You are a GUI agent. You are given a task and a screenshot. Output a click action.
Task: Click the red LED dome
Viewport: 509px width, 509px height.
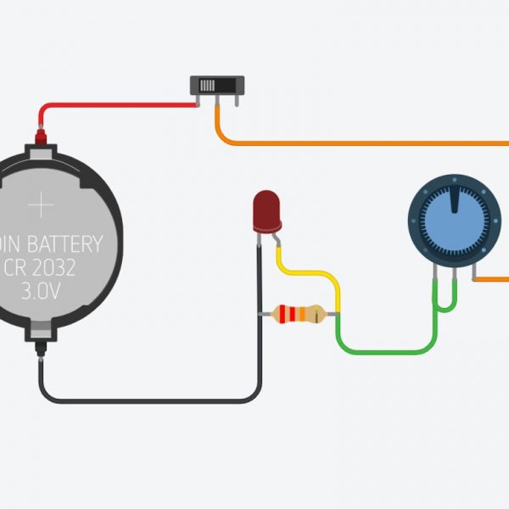(x=266, y=210)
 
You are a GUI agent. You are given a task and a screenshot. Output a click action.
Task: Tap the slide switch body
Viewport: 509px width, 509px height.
(x=215, y=87)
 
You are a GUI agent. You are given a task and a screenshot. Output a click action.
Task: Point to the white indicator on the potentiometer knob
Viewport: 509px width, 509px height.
(x=456, y=200)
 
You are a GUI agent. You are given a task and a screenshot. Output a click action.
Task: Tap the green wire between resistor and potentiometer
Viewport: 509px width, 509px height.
(x=382, y=350)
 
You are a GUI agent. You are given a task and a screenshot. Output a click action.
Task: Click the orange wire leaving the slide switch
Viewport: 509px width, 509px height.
(x=356, y=142)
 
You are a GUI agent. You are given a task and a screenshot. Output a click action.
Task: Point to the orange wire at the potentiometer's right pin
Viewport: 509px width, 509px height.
(x=492, y=278)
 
